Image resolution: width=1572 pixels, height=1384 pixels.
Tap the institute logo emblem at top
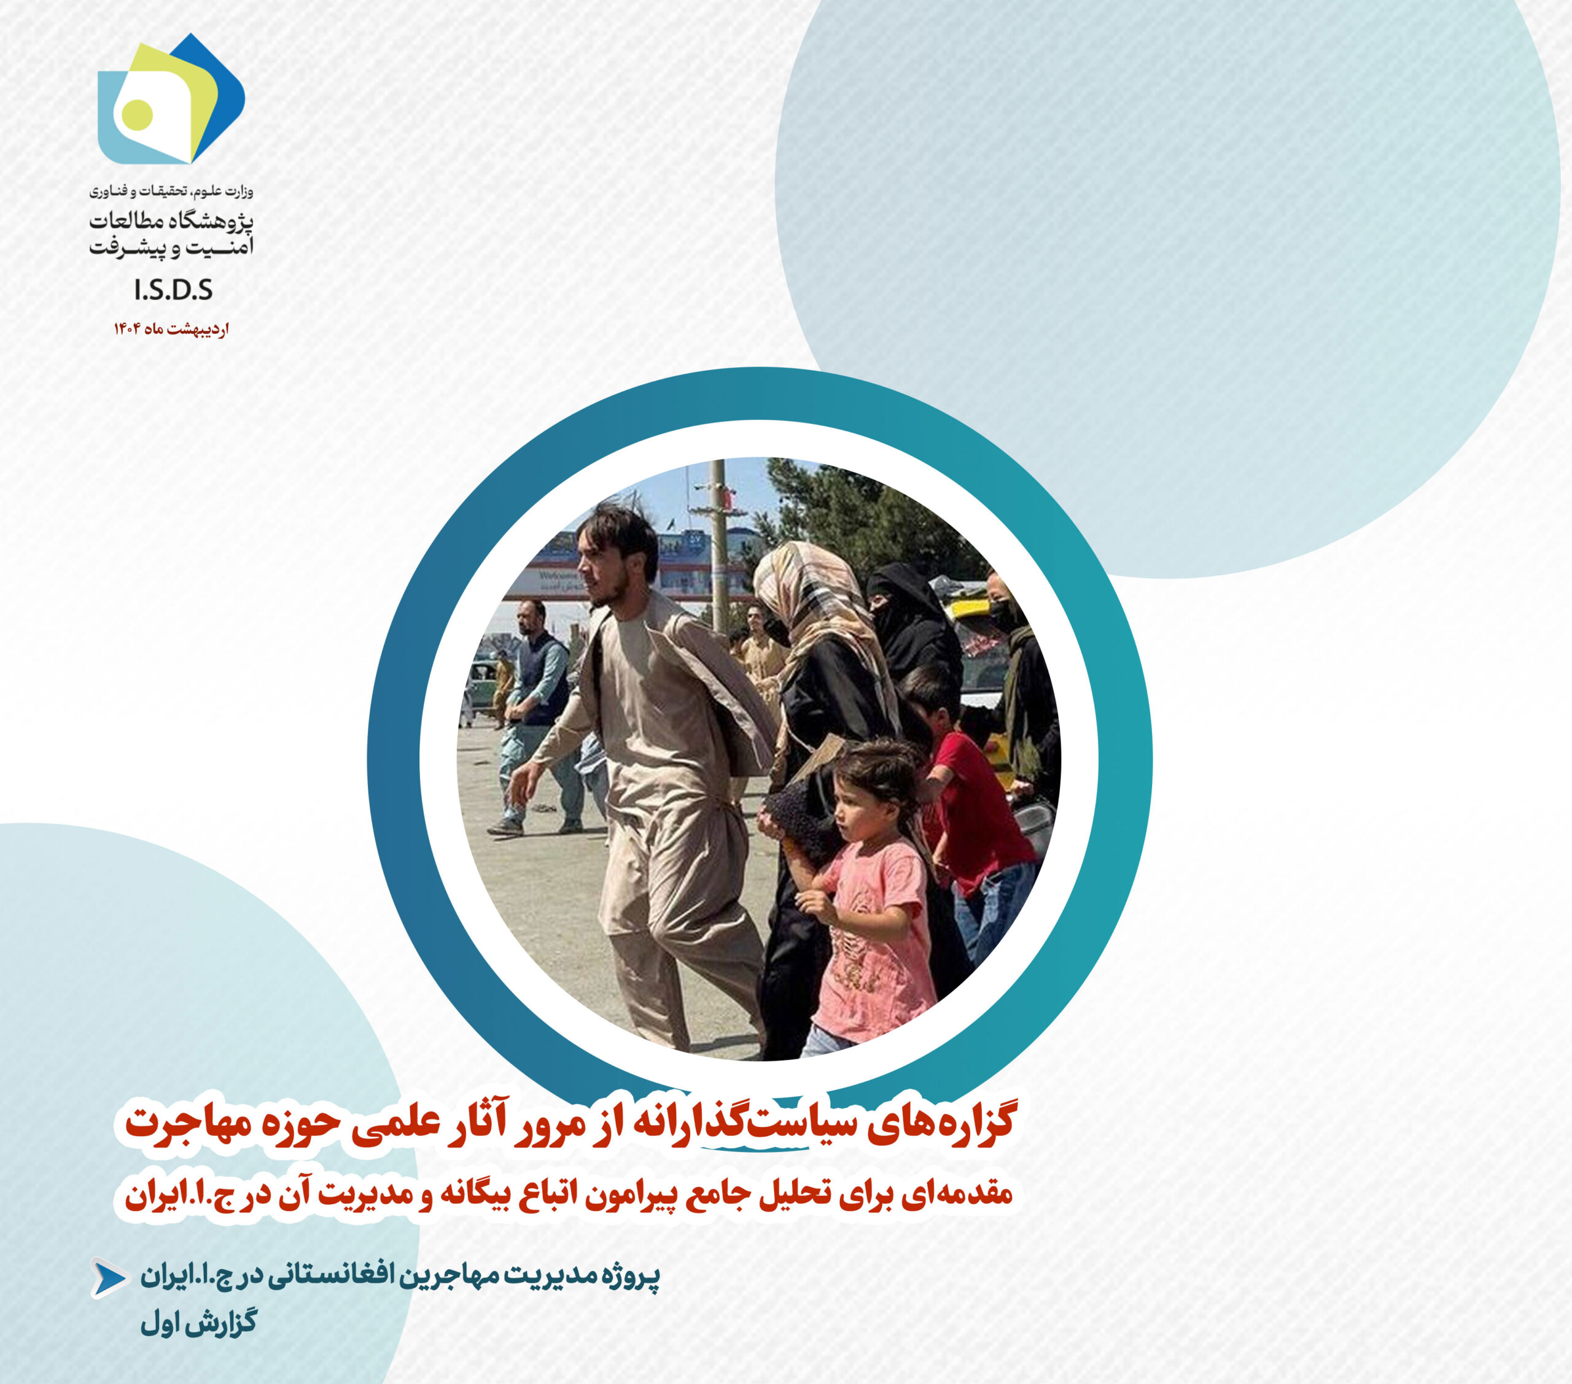[x=171, y=99]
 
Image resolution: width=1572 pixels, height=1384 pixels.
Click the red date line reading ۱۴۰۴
[x=171, y=329]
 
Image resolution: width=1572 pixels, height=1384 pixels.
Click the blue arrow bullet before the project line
[x=110, y=1278]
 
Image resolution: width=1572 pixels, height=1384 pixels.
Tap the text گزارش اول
[x=198, y=1323]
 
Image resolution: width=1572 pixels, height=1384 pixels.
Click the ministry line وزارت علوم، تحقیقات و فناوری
[x=171, y=190]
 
